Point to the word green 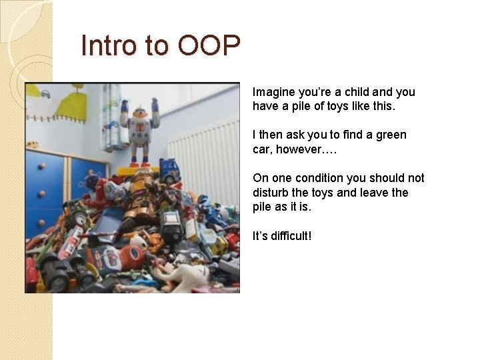point(391,135)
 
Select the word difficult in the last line point(289,236)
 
